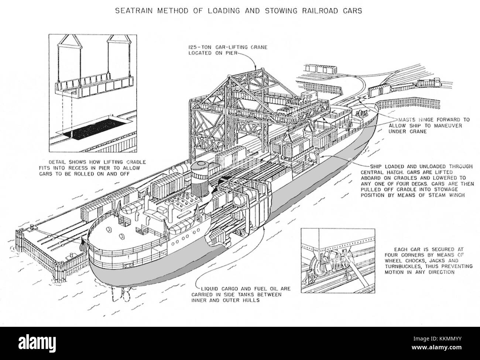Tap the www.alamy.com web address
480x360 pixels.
[x=436, y=347]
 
